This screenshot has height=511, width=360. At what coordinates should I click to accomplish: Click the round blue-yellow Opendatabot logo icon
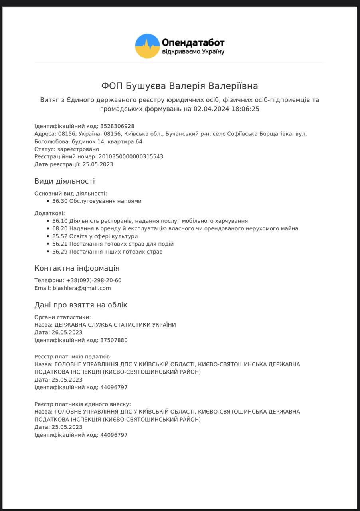coord(148,46)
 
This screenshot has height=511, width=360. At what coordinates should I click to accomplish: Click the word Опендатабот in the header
coord(193,42)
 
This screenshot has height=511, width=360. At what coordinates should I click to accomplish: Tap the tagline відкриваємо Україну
coord(193,52)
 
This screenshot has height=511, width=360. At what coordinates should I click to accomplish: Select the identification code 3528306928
coord(117,126)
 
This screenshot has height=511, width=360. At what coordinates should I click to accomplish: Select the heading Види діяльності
coord(65,181)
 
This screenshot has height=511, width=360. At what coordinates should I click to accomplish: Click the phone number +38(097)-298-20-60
coord(94,280)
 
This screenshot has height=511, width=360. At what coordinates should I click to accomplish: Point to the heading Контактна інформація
coord(77,268)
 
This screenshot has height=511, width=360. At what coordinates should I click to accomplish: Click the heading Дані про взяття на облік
coord(81,305)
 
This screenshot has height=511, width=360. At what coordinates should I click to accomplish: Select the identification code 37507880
coord(114,340)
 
